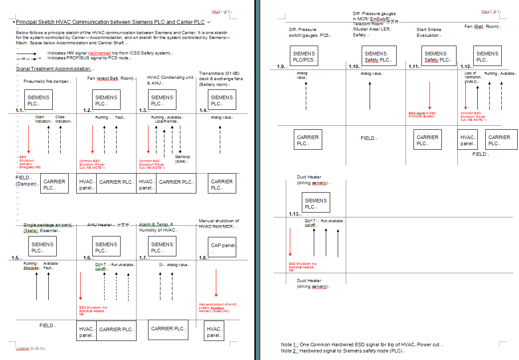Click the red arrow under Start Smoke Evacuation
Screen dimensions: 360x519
pyautogui.click(x=429, y=95)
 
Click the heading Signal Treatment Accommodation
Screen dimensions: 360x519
pyautogui.click(x=54, y=69)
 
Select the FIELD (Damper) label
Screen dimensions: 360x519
pyautogui.click(x=26, y=181)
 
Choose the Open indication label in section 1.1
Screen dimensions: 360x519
pyautogui.click(x=43, y=119)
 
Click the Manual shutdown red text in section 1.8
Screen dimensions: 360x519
pyautogui.click(x=218, y=307)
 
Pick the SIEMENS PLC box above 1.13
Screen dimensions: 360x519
pyautogui.click(x=316, y=203)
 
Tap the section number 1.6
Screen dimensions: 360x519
pyautogui.click(x=88, y=258)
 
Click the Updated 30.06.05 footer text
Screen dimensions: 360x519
pyautogui.click(x=31, y=348)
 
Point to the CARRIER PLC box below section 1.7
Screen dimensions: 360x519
pyautogui.click(x=168, y=329)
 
